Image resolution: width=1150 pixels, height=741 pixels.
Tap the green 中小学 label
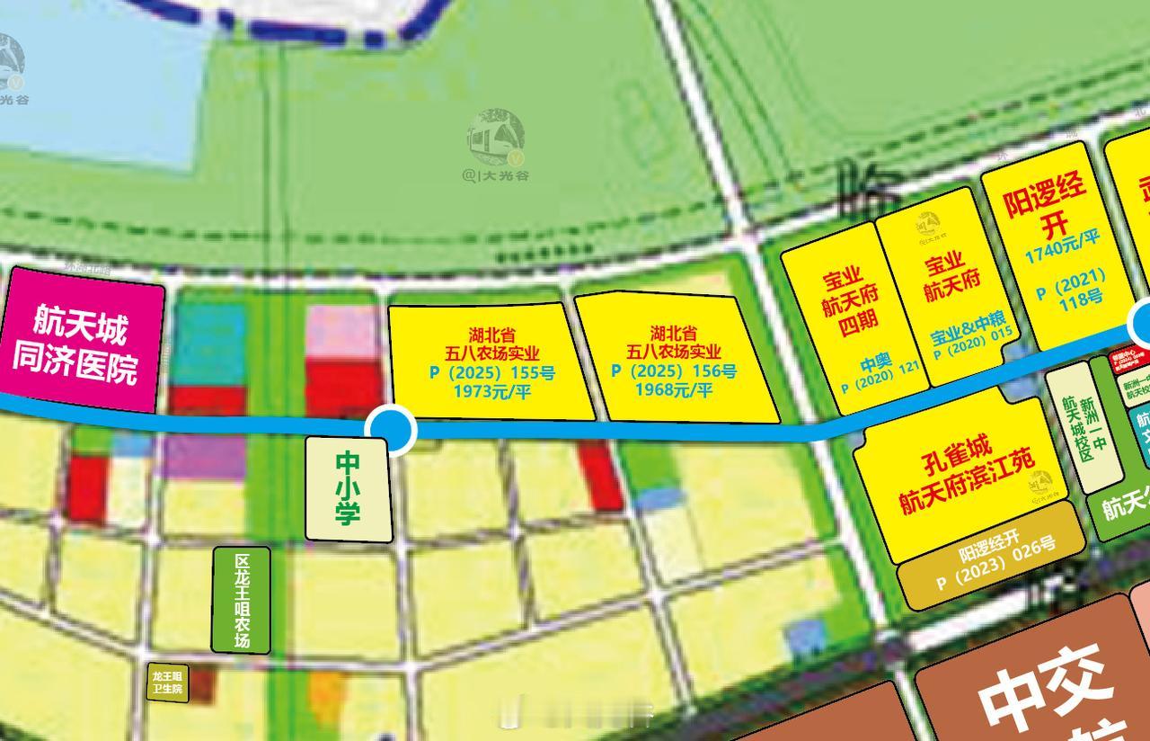pos(348,488)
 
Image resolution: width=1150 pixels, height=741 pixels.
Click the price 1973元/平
pos(491,389)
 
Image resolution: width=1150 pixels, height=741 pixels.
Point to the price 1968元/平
pos(674,389)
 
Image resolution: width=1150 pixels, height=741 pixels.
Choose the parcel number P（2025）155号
pos(491,371)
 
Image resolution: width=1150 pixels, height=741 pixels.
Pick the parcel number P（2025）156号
pos(674,371)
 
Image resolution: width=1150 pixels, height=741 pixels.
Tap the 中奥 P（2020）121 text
pos(879,376)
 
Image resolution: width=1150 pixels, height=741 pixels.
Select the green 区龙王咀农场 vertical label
pos(241,599)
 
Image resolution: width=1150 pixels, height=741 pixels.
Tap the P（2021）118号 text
pos(1071,287)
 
